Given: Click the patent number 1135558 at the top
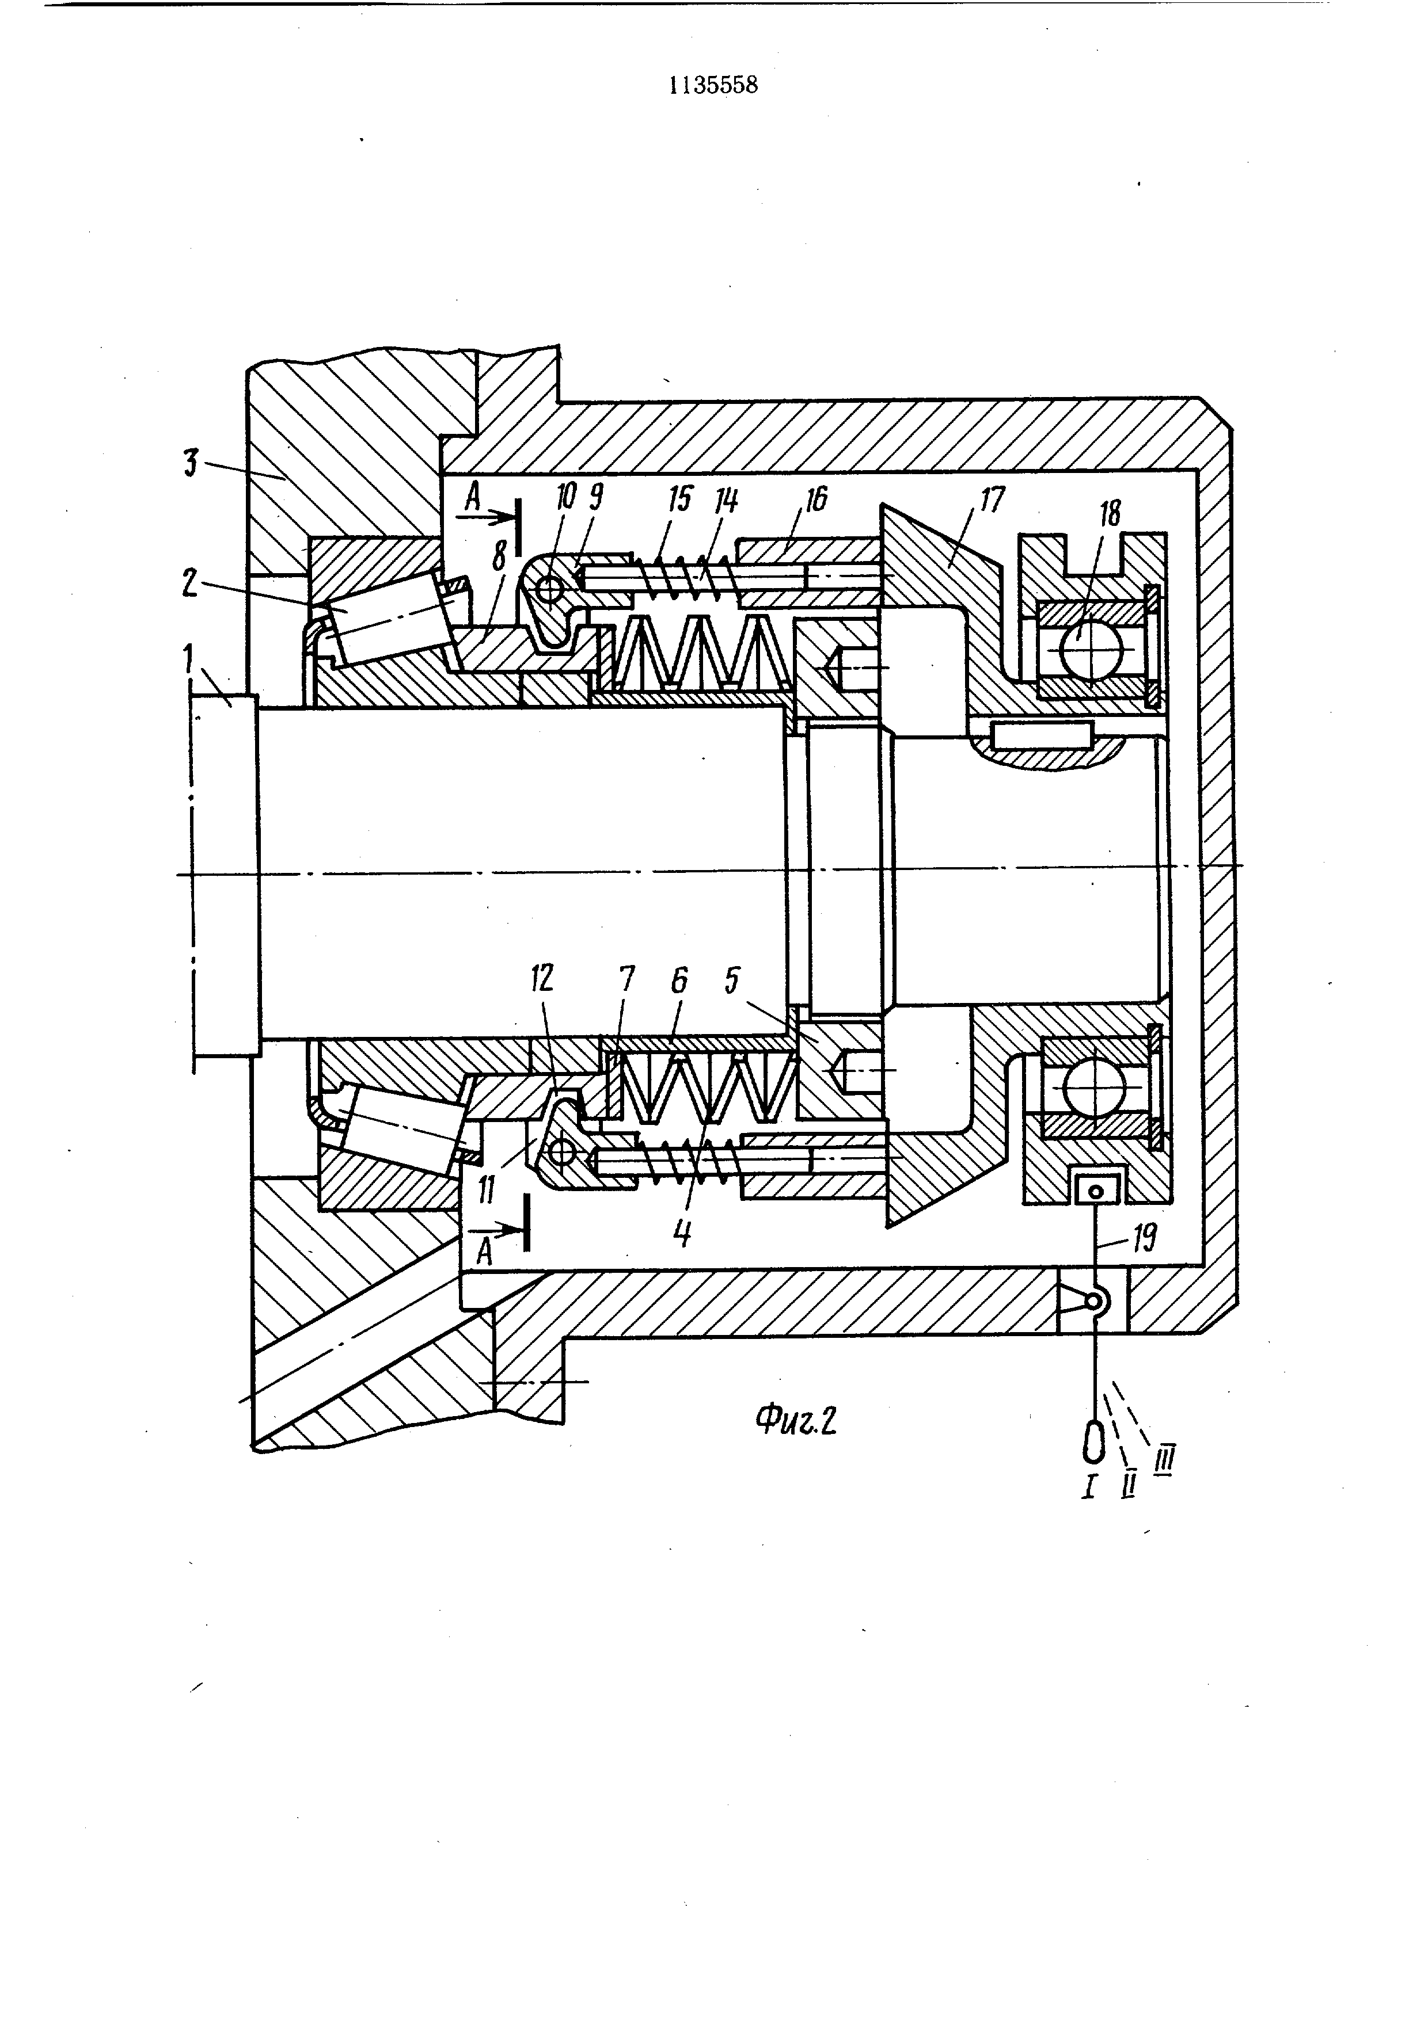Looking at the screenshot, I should click(x=713, y=85).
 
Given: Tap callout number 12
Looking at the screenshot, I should click(x=542, y=979).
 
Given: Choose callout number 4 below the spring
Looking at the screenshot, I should click(x=682, y=1232).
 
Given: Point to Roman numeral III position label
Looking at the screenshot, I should click(x=1166, y=1461).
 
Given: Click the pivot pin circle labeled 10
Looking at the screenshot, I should click(x=550, y=586).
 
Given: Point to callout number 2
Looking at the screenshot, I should click(x=191, y=585).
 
